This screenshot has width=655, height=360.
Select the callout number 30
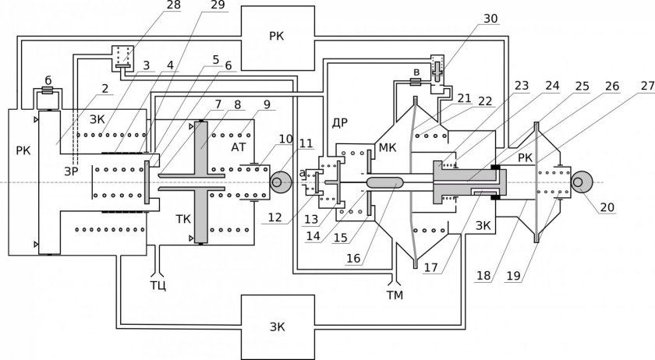[490, 19]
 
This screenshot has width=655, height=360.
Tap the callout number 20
[607, 207]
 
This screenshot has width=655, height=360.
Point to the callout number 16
[353, 258]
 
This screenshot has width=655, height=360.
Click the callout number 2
[104, 89]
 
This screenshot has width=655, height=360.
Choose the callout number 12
[275, 217]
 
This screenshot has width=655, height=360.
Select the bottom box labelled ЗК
[278, 327]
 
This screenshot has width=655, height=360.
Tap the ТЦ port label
[158, 286]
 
